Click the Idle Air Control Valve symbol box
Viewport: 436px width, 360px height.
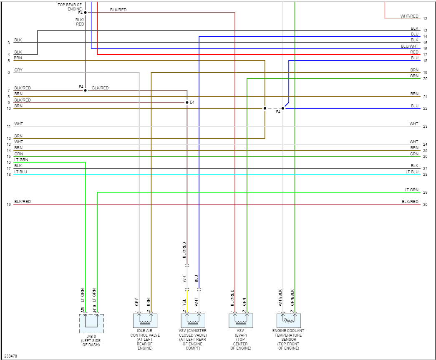[x=145, y=321]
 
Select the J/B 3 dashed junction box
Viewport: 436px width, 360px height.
[x=91, y=323]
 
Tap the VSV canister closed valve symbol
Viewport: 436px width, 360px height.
[x=193, y=321]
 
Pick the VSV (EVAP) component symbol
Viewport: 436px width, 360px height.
[x=241, y=321]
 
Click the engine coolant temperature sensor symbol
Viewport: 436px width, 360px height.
[x=289, y=321]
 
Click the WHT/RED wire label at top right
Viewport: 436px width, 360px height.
[x=409, y=16]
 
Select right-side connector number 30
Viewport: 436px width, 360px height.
[x=425, y=205]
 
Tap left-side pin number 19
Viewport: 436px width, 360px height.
[x=8, y=205]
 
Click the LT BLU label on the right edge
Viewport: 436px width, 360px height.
[x=412, y=172]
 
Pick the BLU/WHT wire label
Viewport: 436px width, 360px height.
[x=409, y=46]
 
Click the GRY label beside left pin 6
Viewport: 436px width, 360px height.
[x=18, y=70]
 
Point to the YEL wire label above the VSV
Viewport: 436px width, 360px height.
[x=184, y=302]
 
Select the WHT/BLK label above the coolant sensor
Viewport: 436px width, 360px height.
[x=280, y=298]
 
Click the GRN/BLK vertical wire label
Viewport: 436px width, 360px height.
[x=292, y=298]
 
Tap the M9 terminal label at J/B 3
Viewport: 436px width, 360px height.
[x=82, y=309]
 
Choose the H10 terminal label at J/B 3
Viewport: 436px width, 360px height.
[x=94, y=309]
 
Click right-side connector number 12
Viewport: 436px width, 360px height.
[x=425, y=19]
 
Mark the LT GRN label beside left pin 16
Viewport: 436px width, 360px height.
[x=21, y=160]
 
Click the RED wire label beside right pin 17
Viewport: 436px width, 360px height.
[x=414, y=52]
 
